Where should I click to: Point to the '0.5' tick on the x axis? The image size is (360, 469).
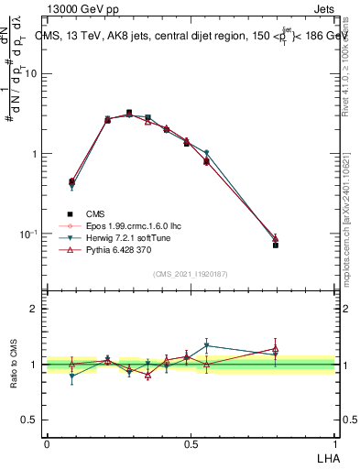(x=191, y=444)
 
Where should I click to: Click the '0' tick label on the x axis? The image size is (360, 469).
(x=47, y=444)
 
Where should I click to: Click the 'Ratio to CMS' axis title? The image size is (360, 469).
(x=13, y=365)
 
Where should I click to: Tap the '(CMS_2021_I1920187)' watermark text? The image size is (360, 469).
(x=191, y=273)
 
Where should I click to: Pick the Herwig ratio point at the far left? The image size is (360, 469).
(x=71, y=376)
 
